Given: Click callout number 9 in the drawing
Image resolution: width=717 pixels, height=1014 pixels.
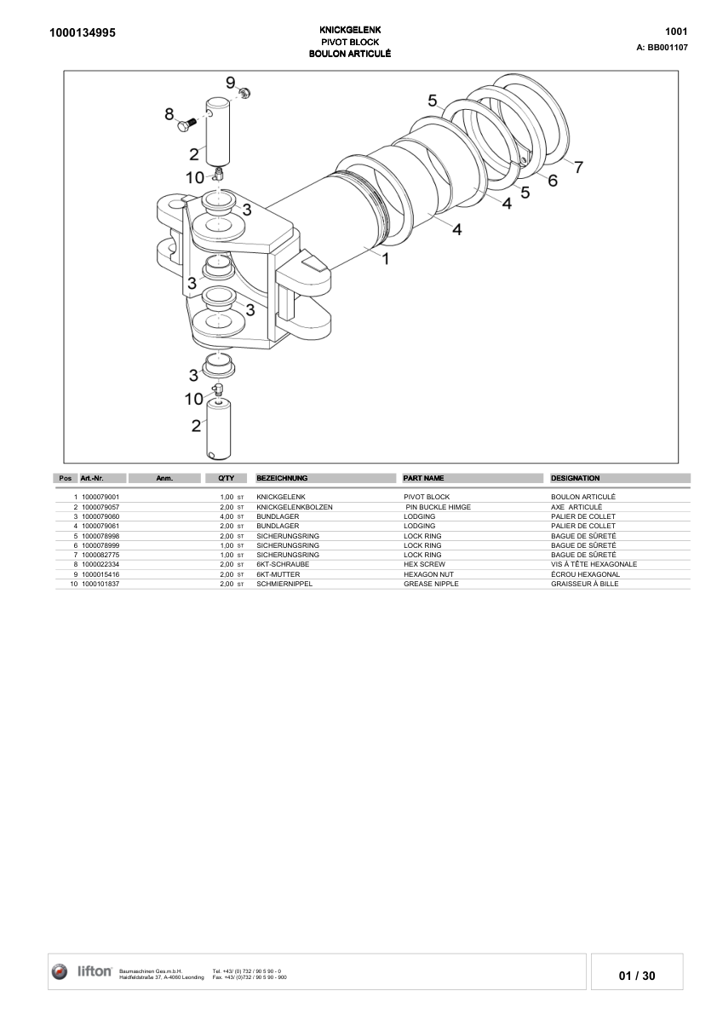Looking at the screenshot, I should pyautogui.click(x=230, y=83).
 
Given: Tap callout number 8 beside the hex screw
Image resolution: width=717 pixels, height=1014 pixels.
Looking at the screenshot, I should pyautogui.click(x=169, y=114).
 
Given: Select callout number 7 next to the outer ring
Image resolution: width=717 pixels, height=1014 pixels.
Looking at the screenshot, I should pyautogui.click(x=578, y=167).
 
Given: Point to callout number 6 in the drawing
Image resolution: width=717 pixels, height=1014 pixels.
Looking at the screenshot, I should pyautogui.click(x=553, y=181).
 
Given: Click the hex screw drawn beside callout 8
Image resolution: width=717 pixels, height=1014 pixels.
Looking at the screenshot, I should pyautogui.click(x=186, y=125).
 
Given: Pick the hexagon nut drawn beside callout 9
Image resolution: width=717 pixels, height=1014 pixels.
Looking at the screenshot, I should pyautogui.click(x=244, y=92).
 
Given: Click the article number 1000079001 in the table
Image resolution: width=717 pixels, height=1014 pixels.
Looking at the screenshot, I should pyautogui.click(x=100, y=496).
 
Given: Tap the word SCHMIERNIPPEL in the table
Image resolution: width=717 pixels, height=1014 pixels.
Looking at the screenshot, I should pyautogui.click(x=284, y=584).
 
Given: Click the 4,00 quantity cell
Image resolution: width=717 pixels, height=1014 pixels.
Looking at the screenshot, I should pyautogui.click(x=227, y=516).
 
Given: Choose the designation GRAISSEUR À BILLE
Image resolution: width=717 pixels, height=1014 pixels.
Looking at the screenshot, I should pyautogui.click(x=584, y=584).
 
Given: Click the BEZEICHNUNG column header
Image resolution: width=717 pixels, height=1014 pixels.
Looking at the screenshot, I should pyautogui.click(x=282, y=478).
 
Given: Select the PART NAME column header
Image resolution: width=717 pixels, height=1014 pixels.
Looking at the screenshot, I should pyautogui.click(x=423, y=478).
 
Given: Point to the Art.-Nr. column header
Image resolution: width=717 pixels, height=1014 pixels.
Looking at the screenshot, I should pyautogui.click(x=92, y=478).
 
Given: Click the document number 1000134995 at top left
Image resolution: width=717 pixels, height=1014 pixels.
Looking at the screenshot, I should pyautogui.click(x=83, y=33).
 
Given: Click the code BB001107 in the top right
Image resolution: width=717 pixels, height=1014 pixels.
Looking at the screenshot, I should pyautogui.click(x=668, y=48).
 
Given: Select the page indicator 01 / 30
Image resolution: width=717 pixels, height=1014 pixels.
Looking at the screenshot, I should pyautogui.click(x=637, y=976).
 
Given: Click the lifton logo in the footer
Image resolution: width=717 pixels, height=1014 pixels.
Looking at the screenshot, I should pyautogui.click(x=83, y=971).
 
